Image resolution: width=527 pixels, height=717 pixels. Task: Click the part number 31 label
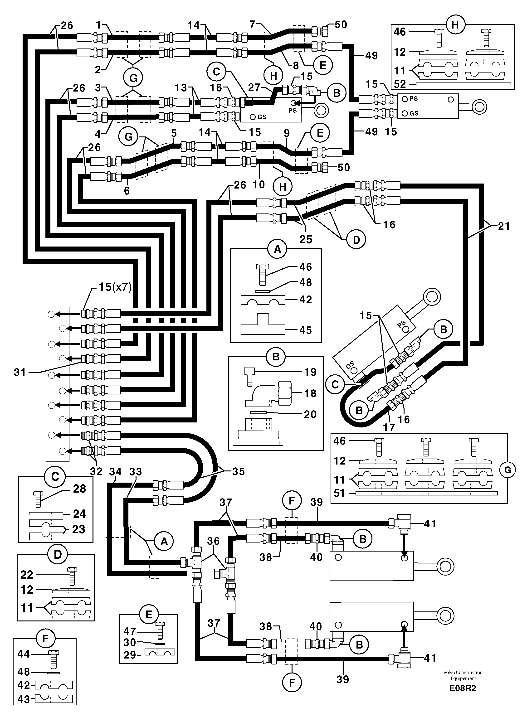point(20,372)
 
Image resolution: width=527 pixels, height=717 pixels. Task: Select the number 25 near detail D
point(306,239)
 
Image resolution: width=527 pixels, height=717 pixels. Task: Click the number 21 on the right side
point(504,226)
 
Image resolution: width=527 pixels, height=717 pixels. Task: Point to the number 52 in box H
point(400,84)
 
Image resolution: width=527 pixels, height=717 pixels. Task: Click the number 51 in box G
point(339,493)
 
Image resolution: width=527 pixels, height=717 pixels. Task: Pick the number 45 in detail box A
point(305,330)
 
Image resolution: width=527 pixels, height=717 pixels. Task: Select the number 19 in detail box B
point(310,372)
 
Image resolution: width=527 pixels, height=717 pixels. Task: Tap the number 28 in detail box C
point(79,489)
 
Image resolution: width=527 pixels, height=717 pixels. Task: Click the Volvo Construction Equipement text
point(463,675)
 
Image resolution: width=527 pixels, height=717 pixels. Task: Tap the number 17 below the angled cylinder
point(389,427)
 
